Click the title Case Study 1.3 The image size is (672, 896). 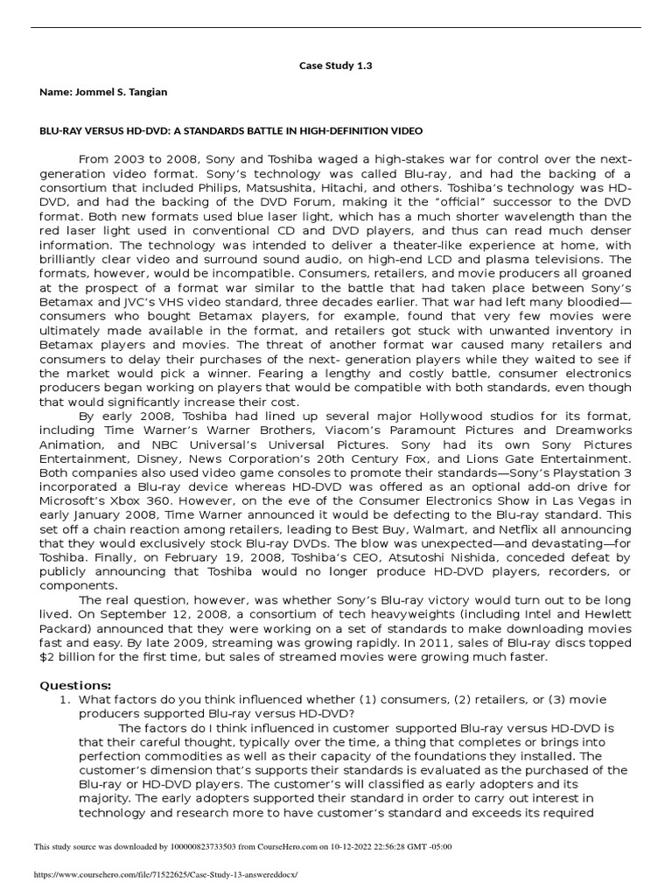point(336,66)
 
